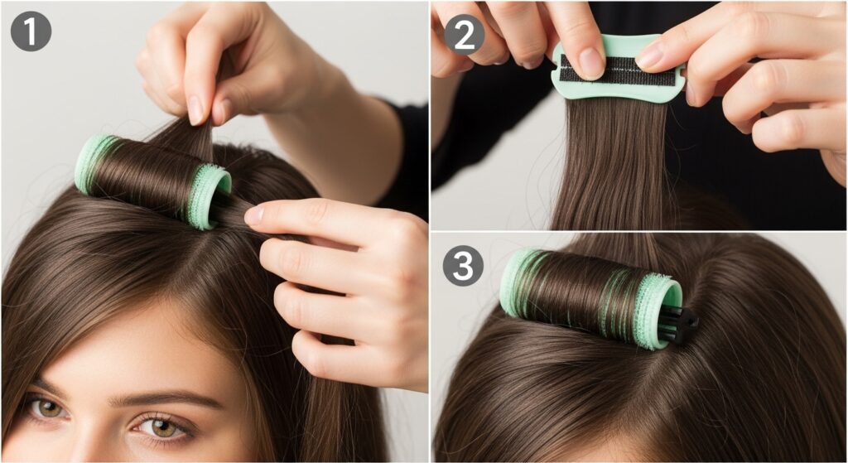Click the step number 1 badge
31,31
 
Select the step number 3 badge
463,266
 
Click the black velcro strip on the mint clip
618,70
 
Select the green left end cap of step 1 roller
91,164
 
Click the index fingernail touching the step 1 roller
253,215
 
